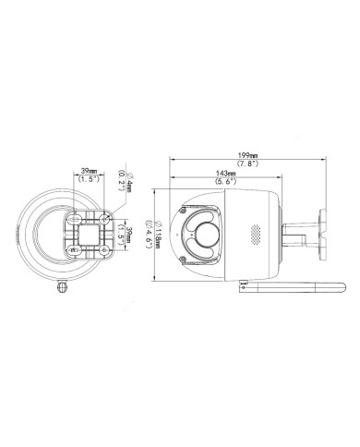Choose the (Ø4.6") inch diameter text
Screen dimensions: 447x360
click(150, 230)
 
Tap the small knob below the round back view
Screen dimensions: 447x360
click(62, 285)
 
